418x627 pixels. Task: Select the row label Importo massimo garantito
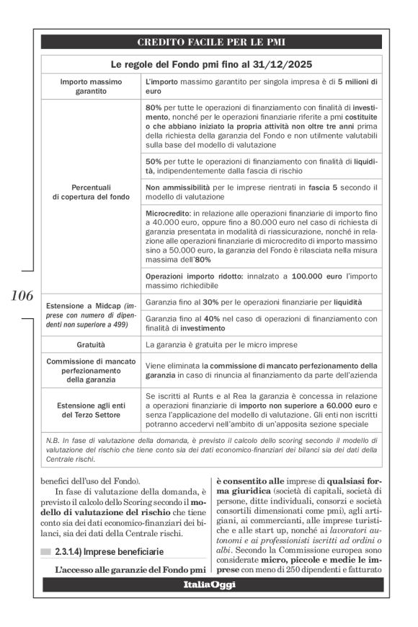pyautogui.click(x=92, y=87)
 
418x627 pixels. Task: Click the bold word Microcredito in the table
pyautogui.click(x=166, y=215)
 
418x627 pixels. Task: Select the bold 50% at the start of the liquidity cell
pyautogui.click(x=153, y=162)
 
